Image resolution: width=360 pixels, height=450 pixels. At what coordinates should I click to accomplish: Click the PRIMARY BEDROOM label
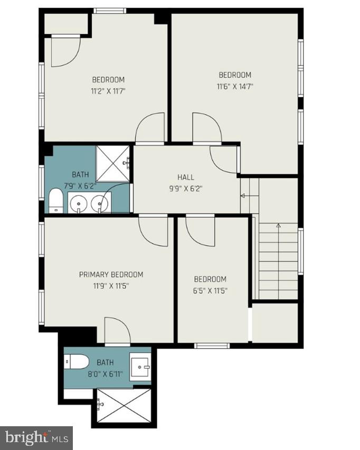coord(111,274)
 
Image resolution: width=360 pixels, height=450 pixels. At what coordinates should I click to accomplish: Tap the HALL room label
coord(185,177)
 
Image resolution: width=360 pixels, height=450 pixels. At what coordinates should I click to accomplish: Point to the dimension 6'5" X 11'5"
coord(210,290)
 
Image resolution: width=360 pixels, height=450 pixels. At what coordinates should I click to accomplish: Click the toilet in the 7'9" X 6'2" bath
coord(55,201)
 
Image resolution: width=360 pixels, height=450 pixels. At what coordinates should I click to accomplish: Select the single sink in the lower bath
coord(141,364)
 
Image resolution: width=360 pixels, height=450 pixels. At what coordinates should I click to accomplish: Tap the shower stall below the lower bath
coord(123,407)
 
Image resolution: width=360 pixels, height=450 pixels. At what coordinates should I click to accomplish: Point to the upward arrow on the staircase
coord(279,228)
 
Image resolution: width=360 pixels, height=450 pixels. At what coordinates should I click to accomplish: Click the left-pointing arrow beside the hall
coord(244,195)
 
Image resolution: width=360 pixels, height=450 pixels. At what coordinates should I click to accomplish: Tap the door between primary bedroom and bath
coord(117,331)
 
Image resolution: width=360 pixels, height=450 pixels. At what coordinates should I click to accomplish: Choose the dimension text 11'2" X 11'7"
coord(108,90)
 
